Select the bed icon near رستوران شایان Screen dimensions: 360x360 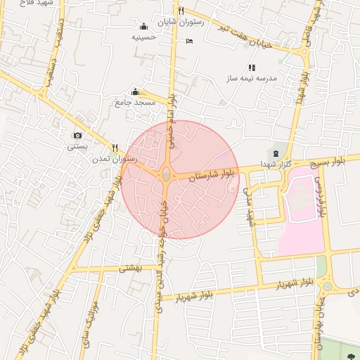click(189, 41)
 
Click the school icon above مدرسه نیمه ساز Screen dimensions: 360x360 click(251, 67)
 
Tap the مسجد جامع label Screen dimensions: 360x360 click(134, 103)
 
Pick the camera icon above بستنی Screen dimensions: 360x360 click(77, 135)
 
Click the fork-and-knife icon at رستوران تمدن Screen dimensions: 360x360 click(115, 148)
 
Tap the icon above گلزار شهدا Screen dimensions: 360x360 click(275, 153)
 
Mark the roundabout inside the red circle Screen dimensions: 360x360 click(166, 174)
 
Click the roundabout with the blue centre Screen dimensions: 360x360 click(328, 286)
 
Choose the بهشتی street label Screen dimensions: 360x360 click(131, 268)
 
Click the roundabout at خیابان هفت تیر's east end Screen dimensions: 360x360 click(304, 51)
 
